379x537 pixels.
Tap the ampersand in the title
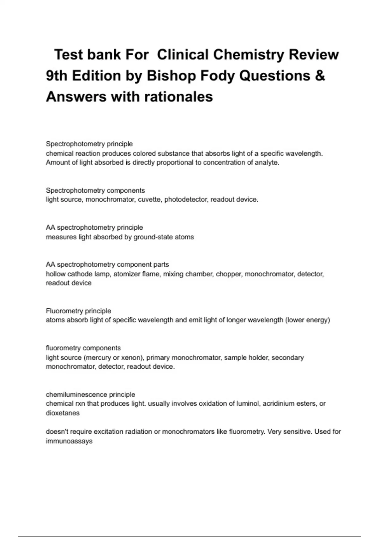coord(320,76)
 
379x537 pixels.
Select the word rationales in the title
coord(179,97)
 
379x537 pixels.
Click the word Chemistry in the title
coord(249,55)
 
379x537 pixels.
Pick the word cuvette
coord(149,200)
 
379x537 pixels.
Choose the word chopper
coord(228,274)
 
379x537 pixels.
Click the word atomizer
coord(126,274)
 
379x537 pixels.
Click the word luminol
coord(248,404)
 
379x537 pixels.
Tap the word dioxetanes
coord(63,413)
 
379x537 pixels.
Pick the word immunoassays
coord(69,441)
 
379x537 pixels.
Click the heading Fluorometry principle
coord(78,311)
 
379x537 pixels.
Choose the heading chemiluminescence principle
coord(90,395)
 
